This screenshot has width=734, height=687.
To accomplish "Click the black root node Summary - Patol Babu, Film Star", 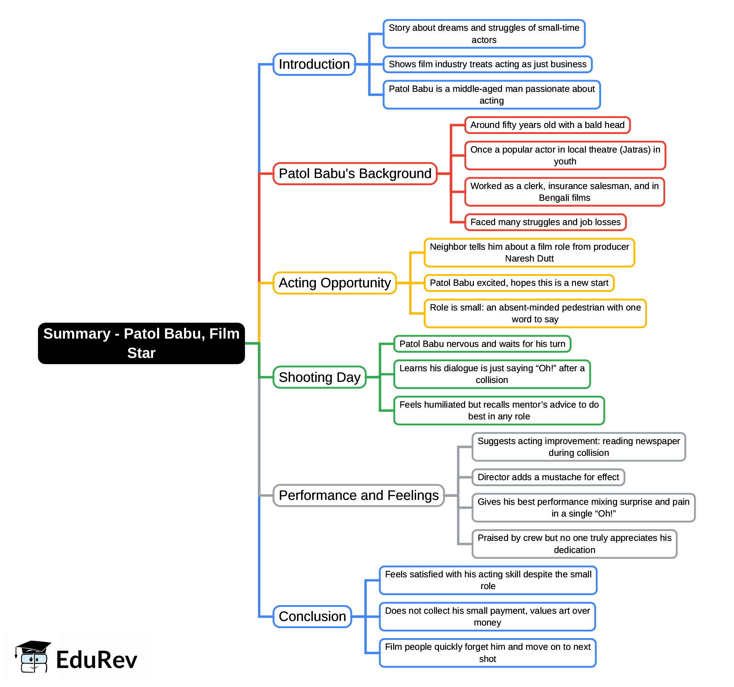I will click(x=141, y=343).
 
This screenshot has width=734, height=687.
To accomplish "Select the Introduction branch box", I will click(x=314, y=64).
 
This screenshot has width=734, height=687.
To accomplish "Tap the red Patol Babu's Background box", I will click(x=355, y=173).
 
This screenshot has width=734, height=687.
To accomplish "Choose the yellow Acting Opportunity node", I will click(x=335, y=283).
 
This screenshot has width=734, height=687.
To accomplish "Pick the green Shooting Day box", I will click(x=319, y=377).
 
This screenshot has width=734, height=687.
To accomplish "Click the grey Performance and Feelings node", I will click(x=358, y=495).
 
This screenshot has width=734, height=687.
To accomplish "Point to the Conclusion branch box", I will click(x=312, y=616).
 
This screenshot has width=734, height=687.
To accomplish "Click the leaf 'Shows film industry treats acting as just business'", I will click(x=488, y=64).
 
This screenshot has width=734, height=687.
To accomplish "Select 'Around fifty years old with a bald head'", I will click(x=547, y=125).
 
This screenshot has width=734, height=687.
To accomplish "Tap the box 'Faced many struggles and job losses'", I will click(x=545, y=222).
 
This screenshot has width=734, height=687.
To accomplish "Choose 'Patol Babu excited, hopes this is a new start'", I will click(x=519, y=283).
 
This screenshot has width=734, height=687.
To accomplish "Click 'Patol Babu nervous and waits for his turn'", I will click(x=482, y=344).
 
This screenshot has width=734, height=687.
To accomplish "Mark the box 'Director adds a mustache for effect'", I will click(x=548, y=477).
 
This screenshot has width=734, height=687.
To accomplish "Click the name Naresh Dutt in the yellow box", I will click(x=529, y=258).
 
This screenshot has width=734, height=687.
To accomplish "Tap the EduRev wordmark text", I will click(x=96, y=660).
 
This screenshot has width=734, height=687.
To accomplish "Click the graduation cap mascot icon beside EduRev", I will click(x=33, y=657).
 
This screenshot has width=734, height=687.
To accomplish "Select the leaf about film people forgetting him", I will click(x=488, y=653).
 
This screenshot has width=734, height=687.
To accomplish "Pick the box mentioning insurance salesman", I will click(x=564, y=192).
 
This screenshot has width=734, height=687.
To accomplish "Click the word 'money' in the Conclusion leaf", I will click(x=487, y=622).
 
